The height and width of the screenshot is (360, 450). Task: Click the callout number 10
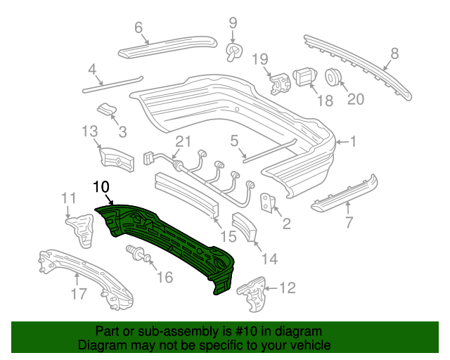click(101, 186)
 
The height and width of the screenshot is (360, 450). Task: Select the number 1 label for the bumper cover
click(354, 142)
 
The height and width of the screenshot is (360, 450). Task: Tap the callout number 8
click(394, 52)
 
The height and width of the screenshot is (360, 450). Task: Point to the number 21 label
click(183, 142)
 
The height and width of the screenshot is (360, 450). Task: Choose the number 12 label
click(287, 288)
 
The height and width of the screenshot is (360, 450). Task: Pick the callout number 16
click(164, 277)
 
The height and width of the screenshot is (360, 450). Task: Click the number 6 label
click(139, 28)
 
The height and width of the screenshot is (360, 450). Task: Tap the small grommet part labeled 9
click(233, 51)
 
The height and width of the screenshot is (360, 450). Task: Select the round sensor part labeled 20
click(334, 76)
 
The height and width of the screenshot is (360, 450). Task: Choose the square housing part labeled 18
click(304, 75)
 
